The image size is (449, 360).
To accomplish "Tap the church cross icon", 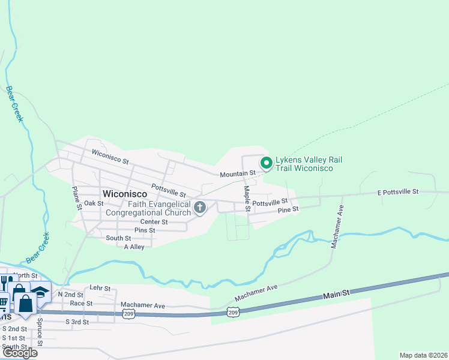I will coord(200,208).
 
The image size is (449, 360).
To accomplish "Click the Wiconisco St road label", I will coord(110,157).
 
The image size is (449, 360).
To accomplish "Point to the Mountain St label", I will coord(237,173).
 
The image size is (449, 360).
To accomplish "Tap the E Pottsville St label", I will coord(397,191).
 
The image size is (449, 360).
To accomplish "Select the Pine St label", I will coord(288,210).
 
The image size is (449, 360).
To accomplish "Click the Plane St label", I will coord(76,197).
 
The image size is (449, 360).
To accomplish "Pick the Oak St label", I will coord(94,203).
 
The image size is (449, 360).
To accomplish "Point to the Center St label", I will coord(154,222).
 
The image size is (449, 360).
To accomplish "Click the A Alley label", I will coord(134,247).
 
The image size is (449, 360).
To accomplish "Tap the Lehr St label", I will coord(100,289).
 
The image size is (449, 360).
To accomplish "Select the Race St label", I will coord(81,304).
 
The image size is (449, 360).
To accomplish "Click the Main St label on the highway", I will coord(336,295).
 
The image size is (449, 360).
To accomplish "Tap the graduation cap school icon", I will coord(40,291).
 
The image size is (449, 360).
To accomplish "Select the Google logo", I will coord(19,353).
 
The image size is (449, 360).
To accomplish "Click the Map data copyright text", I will coord(423,355).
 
